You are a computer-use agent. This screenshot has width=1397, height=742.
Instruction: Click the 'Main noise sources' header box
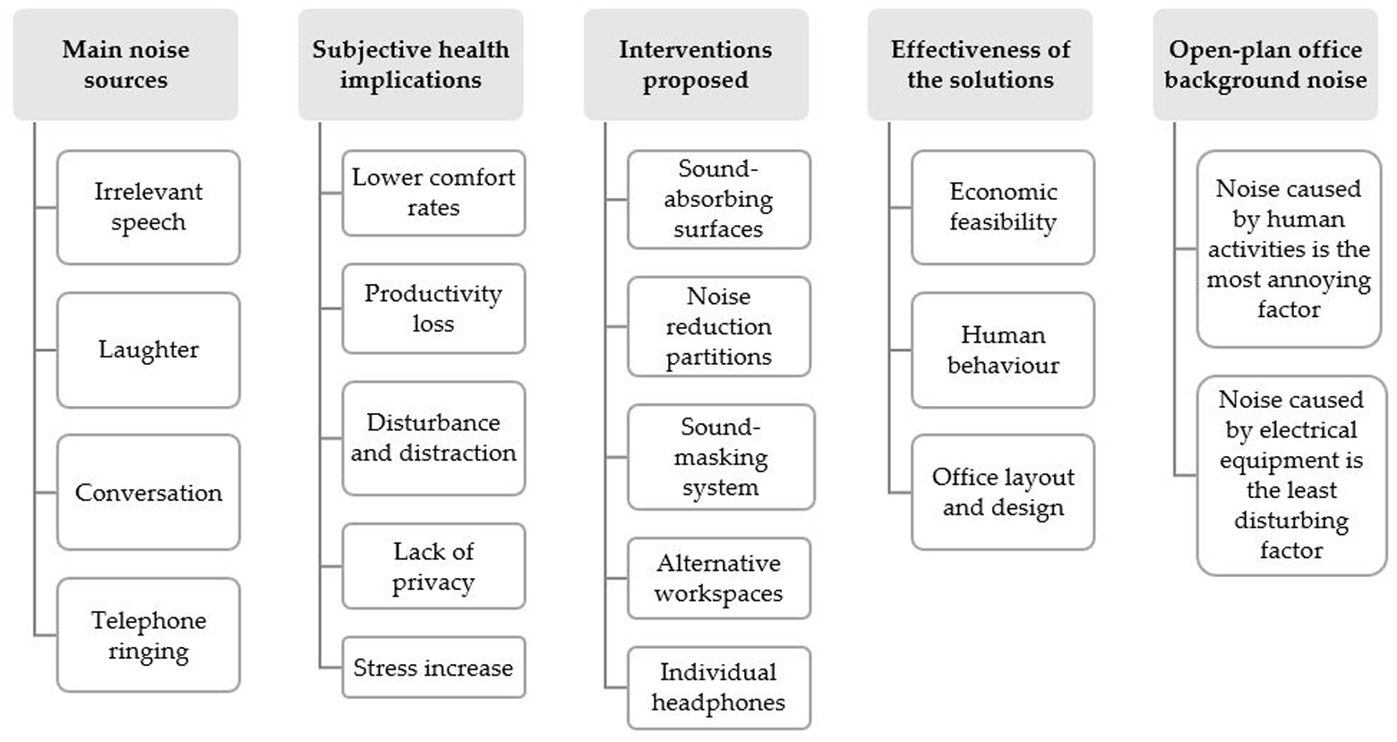coord(125,65)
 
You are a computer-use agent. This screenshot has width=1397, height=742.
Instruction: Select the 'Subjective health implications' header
coord(410,65)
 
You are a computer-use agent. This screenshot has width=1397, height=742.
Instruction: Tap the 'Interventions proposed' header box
coord(696,65)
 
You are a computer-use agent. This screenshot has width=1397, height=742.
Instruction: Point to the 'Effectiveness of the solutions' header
coord(980,65)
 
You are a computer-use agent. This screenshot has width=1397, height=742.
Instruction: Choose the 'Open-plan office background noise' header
coord(1265,65)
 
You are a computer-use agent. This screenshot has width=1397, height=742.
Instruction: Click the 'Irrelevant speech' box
coord(149,207)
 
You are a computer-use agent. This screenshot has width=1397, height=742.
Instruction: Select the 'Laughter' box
coord(149,350)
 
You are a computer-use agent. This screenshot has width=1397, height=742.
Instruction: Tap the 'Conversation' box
coord(149,492)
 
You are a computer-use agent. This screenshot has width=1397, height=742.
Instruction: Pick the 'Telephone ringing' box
coord(149,634)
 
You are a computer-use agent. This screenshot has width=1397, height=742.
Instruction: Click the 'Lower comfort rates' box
coord(433,193)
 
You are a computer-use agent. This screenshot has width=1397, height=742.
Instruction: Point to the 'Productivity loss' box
coord(433,308)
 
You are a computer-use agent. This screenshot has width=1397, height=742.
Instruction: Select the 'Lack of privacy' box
coord(433,566)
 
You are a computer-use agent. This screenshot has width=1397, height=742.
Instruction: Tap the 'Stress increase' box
coord(433,667)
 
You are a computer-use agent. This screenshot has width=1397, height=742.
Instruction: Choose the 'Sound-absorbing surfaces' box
coord(718,199)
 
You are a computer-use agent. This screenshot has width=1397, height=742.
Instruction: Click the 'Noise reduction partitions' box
coord(718,326)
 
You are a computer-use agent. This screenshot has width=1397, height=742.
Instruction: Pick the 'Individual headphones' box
coord(718,687)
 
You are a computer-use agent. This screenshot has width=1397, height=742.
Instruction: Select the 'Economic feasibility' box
coord(1003,207)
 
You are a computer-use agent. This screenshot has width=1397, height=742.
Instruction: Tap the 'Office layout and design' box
coord(1003,492)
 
